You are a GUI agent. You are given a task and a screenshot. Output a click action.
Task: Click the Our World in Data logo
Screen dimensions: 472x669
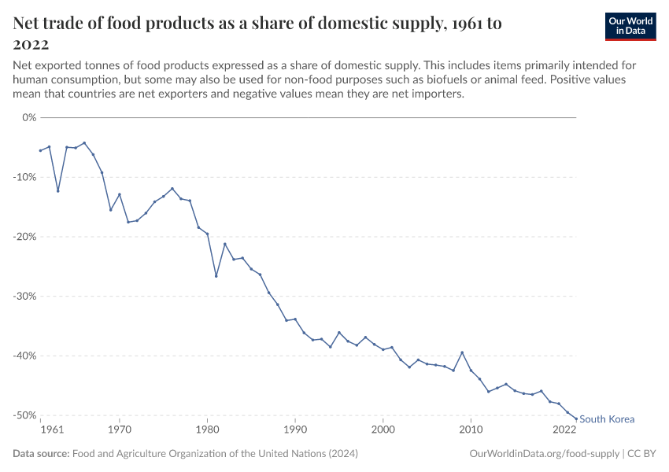[x=630, y=26]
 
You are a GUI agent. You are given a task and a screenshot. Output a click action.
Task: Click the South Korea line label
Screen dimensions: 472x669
[x=607, y=419]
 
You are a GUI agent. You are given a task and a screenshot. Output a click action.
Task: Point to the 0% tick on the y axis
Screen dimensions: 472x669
[x=30, y=117]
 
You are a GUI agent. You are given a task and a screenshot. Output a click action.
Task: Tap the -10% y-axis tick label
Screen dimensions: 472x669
[x=25, y=177]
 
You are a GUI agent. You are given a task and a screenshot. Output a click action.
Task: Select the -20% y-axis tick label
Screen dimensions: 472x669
[x=25, y=237]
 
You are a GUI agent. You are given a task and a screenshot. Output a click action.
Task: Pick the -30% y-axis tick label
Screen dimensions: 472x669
[x=25, y=297]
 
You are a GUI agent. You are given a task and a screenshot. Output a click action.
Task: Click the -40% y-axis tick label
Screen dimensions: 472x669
[x=25, y=356]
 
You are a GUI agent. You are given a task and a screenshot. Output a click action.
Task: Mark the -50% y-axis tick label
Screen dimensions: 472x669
[x=25, y=415]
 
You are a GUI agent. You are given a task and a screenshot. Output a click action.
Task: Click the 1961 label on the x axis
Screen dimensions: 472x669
[x=51, y=430]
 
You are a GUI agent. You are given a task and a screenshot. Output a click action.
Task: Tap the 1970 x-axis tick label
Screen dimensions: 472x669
[x=120, y=430]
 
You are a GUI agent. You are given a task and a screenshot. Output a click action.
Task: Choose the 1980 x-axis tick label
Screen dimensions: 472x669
[x=207, y=430]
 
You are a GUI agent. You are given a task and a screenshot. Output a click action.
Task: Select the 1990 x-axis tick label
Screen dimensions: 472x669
[x=295, y=430]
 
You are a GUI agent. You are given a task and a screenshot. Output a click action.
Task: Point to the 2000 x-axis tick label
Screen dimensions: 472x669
[x=383, y=430]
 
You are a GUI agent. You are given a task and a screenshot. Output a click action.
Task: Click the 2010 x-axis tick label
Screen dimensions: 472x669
[x=471, y=430]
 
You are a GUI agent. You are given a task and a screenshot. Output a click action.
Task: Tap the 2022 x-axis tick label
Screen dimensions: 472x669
[x=564, y=430]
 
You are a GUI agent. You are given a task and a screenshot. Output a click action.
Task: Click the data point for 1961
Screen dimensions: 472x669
[x=40, y=150]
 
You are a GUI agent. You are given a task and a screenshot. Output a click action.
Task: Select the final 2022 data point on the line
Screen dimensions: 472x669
[x=576, y=419]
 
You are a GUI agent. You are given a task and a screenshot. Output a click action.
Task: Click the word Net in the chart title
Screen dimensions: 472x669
[x=29, y=24]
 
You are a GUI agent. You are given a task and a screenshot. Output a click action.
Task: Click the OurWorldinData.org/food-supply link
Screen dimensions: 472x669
[x=544, y=454]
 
